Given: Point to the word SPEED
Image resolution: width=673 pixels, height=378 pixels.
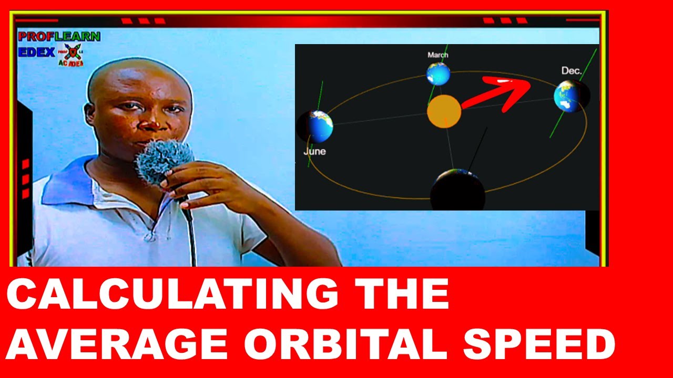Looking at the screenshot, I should point(539,345).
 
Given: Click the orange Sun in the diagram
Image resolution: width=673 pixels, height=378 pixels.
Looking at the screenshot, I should point(444,111).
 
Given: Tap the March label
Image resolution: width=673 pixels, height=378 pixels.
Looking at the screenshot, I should point(438,55).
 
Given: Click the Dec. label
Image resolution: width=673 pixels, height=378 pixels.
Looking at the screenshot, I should point(572,71).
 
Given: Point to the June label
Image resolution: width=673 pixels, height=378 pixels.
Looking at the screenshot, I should point(314,152).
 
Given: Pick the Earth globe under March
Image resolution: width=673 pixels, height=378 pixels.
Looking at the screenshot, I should point(439,74).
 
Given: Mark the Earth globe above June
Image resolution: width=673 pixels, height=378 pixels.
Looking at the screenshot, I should point(318,127).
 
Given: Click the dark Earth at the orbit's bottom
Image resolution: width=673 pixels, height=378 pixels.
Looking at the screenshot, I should point(457,190).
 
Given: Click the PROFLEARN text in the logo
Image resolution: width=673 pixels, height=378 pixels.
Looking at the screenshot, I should point(59,37).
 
